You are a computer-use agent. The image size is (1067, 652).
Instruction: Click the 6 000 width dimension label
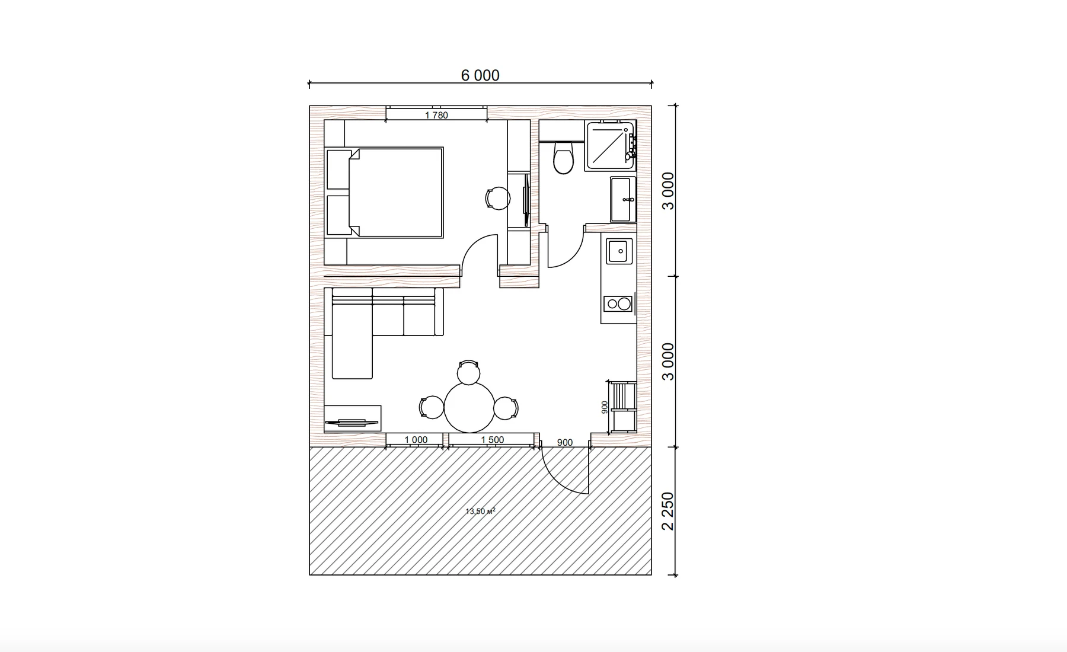pos(480,75)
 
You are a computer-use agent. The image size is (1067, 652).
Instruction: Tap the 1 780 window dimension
pos(436,115)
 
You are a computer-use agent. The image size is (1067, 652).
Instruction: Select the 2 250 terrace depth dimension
pos(668,511)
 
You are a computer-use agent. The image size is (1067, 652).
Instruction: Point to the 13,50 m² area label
pos(480,511)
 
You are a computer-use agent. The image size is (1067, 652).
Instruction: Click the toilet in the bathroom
pos(563,157)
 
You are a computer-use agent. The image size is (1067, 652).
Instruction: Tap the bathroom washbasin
pos(623,199)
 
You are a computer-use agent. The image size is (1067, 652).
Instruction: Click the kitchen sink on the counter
pos(619,251)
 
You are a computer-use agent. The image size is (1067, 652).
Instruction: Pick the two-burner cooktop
pos(618,304)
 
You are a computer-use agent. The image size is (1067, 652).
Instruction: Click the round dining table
pos(469,407)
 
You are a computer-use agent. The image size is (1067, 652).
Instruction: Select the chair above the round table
pos(469,372)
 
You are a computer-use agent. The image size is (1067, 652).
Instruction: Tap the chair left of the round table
pos(432,407)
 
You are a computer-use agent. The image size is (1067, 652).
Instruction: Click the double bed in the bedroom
pos(385,193)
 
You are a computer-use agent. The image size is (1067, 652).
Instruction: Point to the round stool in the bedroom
pos(498,199)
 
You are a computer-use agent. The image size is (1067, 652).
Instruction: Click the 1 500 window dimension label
pos(493,440)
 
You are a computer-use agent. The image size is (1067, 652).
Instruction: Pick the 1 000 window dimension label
pos(416,440)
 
